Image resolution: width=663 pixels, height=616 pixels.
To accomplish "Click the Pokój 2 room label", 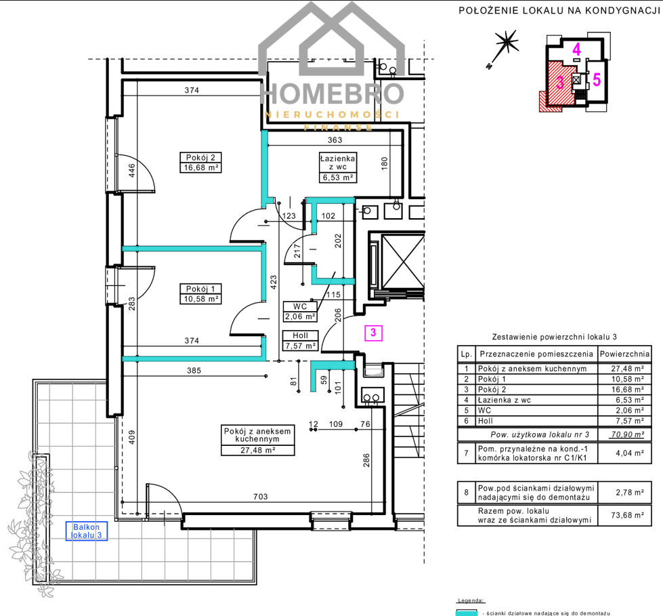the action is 200,157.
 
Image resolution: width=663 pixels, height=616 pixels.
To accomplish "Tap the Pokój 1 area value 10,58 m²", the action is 201,299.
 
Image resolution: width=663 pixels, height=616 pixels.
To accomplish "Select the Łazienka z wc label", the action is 337,163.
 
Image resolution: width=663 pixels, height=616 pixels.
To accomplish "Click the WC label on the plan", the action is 300,306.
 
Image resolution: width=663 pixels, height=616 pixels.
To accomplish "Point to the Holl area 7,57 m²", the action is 300,346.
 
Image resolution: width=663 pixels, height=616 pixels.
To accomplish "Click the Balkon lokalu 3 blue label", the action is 86,531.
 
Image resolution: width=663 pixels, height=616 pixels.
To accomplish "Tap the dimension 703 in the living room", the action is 261,497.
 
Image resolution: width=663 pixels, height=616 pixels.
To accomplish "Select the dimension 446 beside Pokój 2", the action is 131,171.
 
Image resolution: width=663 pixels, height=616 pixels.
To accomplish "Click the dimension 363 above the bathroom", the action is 335,140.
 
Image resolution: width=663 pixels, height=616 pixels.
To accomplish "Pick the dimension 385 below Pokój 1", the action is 194,371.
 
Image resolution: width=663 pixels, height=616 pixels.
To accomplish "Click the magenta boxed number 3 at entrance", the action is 373,333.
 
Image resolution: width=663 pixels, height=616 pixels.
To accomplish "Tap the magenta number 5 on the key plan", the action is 597,79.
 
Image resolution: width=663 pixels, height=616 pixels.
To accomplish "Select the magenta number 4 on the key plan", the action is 576,49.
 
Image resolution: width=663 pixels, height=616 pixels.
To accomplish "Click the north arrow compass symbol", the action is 503,47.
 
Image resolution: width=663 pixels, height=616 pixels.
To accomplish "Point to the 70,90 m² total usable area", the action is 628,434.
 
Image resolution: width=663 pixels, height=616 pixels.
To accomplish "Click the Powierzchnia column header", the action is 624,354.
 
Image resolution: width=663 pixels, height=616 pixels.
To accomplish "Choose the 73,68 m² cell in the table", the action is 628,515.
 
